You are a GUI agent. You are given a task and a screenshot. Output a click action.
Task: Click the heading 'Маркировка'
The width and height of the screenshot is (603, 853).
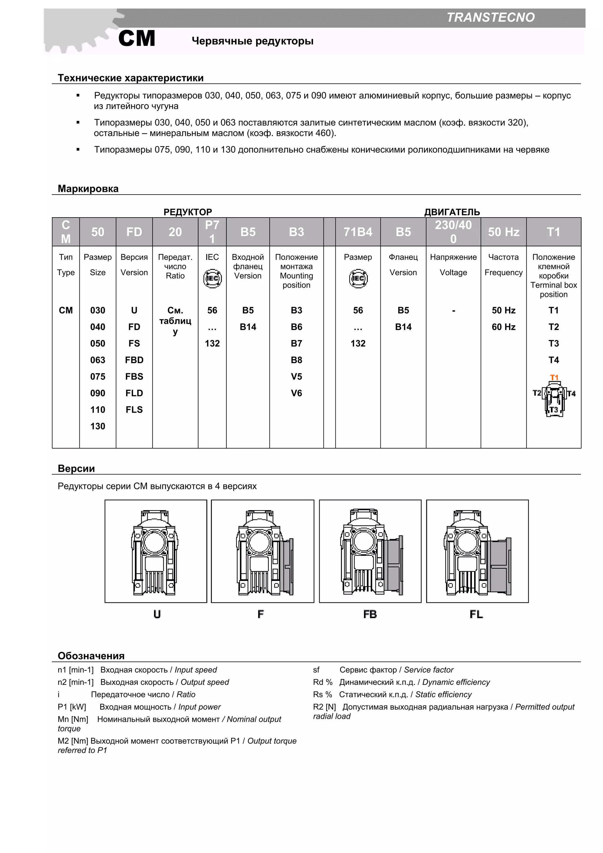coord(88,188)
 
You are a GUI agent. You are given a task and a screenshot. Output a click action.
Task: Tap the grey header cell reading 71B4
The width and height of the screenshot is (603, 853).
coord(357,232)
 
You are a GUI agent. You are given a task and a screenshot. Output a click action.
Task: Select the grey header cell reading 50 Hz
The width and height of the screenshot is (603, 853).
coord(503,232)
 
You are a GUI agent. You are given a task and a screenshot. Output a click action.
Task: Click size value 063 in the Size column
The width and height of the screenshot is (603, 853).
coord(98,360)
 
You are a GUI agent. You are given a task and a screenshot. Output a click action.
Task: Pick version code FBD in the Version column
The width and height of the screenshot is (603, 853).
coord(134,360)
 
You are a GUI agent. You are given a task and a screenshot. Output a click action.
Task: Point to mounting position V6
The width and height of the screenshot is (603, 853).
coord(296,393)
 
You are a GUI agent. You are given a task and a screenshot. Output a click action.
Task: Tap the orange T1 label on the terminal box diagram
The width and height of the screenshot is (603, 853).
coord(554,377)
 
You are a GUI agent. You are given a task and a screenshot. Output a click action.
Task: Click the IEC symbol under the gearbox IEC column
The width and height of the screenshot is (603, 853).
coord(212,279)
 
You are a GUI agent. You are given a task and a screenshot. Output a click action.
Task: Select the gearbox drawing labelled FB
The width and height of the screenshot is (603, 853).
coord(370,551)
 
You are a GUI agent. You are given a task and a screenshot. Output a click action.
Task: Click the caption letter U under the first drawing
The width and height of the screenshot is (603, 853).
coord(157,614)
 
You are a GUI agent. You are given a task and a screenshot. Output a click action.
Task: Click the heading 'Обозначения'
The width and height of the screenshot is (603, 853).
coord(91,655)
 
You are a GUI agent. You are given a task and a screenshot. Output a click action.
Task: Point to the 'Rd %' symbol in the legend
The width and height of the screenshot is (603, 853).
coord(322,682)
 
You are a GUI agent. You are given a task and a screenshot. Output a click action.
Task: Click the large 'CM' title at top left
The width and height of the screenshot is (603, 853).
coord(137,38)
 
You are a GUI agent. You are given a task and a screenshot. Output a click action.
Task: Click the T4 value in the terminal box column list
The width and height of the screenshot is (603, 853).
coord(553,360)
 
